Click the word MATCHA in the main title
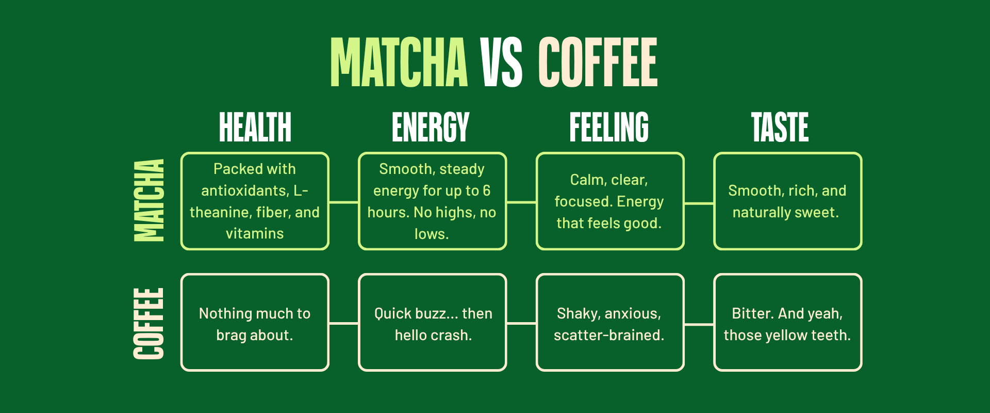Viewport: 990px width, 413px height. tap(399, 62)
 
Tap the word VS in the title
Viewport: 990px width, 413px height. tap(501, 62)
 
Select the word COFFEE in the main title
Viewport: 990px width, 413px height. tap(598, 62)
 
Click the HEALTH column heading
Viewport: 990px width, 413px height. tap(255, 127)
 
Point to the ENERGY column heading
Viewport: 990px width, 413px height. tap(431, 127)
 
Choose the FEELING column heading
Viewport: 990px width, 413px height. tap(609, 127)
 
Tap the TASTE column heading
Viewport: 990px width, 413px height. tap(780, 127)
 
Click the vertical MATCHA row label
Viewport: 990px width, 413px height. tap(149, 200)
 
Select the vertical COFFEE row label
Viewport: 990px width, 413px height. tap(148, 323)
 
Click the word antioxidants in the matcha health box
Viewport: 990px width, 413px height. tap(245, 191)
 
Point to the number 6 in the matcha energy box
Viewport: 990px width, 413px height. tap(486, 190)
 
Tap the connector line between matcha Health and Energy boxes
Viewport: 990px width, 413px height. tap(343, 202)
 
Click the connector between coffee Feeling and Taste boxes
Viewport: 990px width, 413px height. tap(699, 324)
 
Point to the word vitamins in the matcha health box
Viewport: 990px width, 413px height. tap(255, 233)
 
